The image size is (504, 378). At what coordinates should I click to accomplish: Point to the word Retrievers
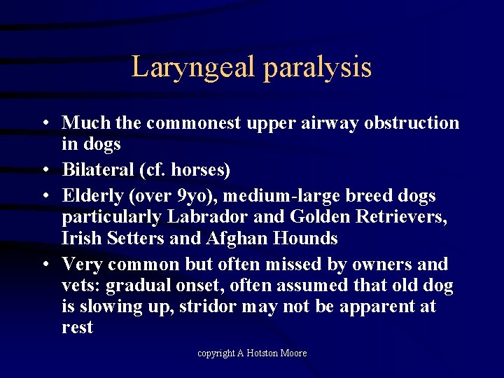pyautogui.click(x=400, y=218)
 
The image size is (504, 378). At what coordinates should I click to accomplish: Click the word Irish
pyautogui.click(x=82, y=239)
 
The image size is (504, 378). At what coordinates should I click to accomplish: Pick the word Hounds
pyautogui.click(x=306, y=239)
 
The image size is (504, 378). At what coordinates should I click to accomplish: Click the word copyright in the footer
pyautogui.click(x=216, y=353)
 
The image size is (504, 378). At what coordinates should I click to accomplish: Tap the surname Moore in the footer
pyautogui.click(x=293, y=353)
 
